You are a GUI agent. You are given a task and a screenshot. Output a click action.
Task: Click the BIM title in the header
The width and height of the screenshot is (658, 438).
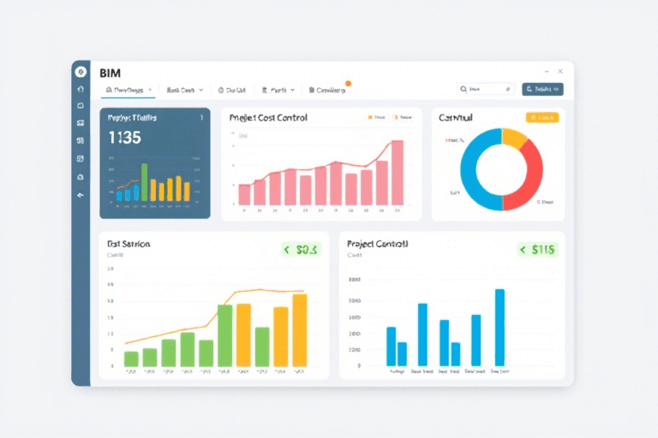pos(111,74)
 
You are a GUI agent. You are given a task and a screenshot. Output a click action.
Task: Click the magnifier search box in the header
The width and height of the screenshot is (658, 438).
pos(486,89)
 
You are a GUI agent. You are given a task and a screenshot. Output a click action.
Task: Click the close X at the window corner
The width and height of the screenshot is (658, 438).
pos(560,71)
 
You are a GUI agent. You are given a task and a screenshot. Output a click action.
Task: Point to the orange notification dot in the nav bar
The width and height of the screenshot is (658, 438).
pos(348,84)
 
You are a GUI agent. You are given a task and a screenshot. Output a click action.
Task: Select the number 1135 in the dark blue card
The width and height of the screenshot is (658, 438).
pos(125,137)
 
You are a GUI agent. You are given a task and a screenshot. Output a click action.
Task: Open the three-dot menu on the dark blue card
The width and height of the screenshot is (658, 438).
pos(201,118)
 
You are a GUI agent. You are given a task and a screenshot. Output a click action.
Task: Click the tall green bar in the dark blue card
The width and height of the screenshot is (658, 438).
pos(144,182)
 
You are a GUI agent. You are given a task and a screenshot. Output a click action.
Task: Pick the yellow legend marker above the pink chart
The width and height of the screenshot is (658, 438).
pos(370,117)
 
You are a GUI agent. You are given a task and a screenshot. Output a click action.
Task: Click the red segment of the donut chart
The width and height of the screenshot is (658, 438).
pos(528,175)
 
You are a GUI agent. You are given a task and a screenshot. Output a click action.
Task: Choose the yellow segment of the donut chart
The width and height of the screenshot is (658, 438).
pos(513,138)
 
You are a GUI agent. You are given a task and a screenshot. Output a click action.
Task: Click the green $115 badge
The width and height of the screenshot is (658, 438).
pos(538,250)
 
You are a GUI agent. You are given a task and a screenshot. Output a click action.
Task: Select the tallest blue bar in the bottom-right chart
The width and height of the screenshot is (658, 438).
pos(499,327)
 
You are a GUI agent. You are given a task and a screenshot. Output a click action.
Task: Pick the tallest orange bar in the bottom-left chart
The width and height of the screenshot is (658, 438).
pos(299,329)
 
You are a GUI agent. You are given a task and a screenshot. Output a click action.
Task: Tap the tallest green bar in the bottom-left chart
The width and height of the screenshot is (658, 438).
pos(224,334)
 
